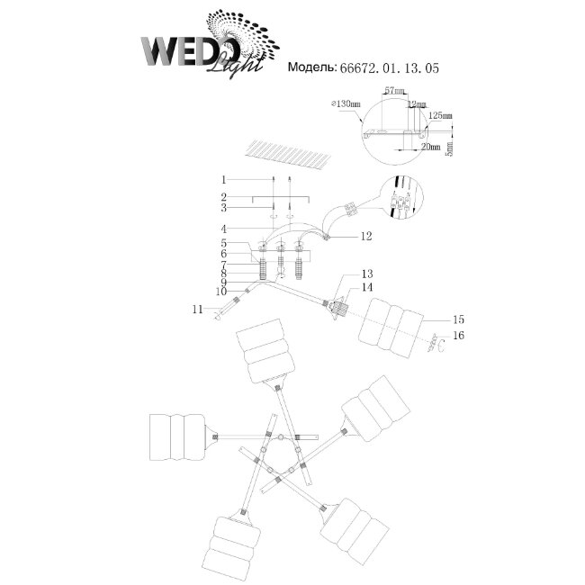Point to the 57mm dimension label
click(392, 92)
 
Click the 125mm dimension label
click(440, 116)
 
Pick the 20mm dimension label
click(429, 145)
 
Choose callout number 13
click(366, 273)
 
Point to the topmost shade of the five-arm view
click(265, 354)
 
